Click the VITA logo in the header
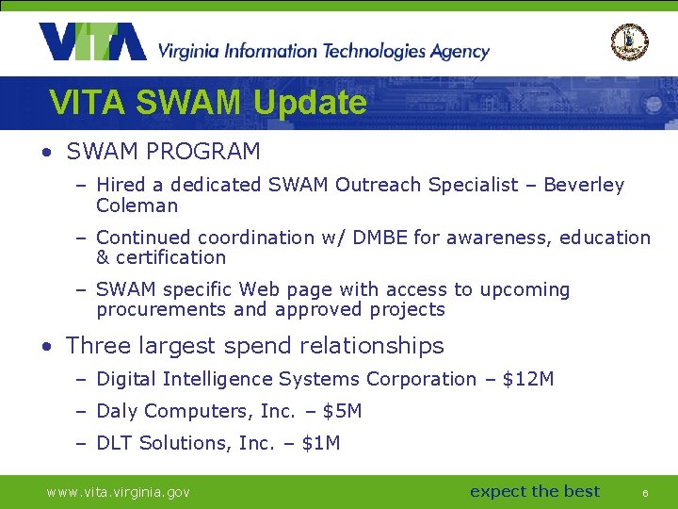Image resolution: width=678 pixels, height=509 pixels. (x=92, y=42)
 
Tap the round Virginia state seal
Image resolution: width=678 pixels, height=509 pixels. (x=630, y=42)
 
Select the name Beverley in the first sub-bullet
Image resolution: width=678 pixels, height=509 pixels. (x=584, y=186)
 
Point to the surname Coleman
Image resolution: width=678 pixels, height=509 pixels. (x=137, y=205)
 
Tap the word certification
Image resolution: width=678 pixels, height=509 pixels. (x=171, y=257)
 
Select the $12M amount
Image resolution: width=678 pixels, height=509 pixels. (x=528, y=379)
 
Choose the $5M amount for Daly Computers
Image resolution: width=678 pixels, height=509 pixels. (x=342, y=411)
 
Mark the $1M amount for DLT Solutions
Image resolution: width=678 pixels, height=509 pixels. (x=321, y=443)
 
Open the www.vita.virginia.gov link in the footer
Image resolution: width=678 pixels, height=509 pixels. (x=119, y=492)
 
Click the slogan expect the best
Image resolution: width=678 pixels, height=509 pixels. (x=534, y=491)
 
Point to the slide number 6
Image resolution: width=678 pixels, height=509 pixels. (x=645, y=493)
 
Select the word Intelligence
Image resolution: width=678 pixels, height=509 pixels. (x=218, y=379)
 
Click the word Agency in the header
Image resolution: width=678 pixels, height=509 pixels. (x=459, y=51)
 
